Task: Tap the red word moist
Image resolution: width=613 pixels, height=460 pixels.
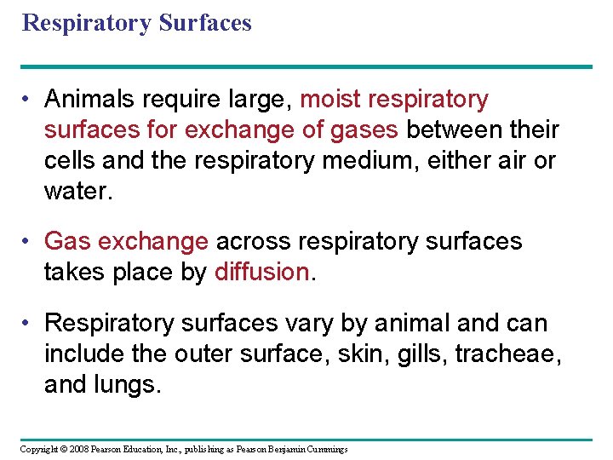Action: pyautogui.click(x=331, y=100)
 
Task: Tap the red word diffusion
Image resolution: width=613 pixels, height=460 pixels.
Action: pyautogui.click(x=261, y=273)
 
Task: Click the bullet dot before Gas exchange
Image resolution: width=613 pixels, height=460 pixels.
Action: pyautogui.click(x=28, y=242)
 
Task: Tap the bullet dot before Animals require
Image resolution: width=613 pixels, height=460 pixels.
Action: pyautogui.click(x=28, y=100)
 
